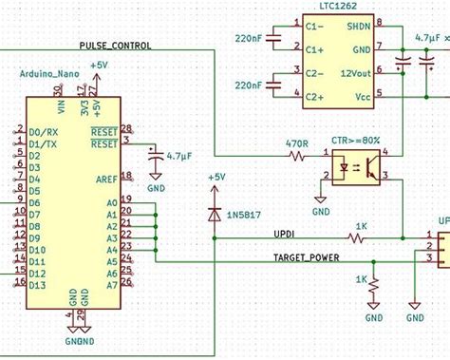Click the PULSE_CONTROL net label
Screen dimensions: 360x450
click(114, 45)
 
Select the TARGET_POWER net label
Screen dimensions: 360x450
click(306, 257)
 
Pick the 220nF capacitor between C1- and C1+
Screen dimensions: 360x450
click(273, 38)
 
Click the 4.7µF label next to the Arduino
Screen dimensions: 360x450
click(179, 154)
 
